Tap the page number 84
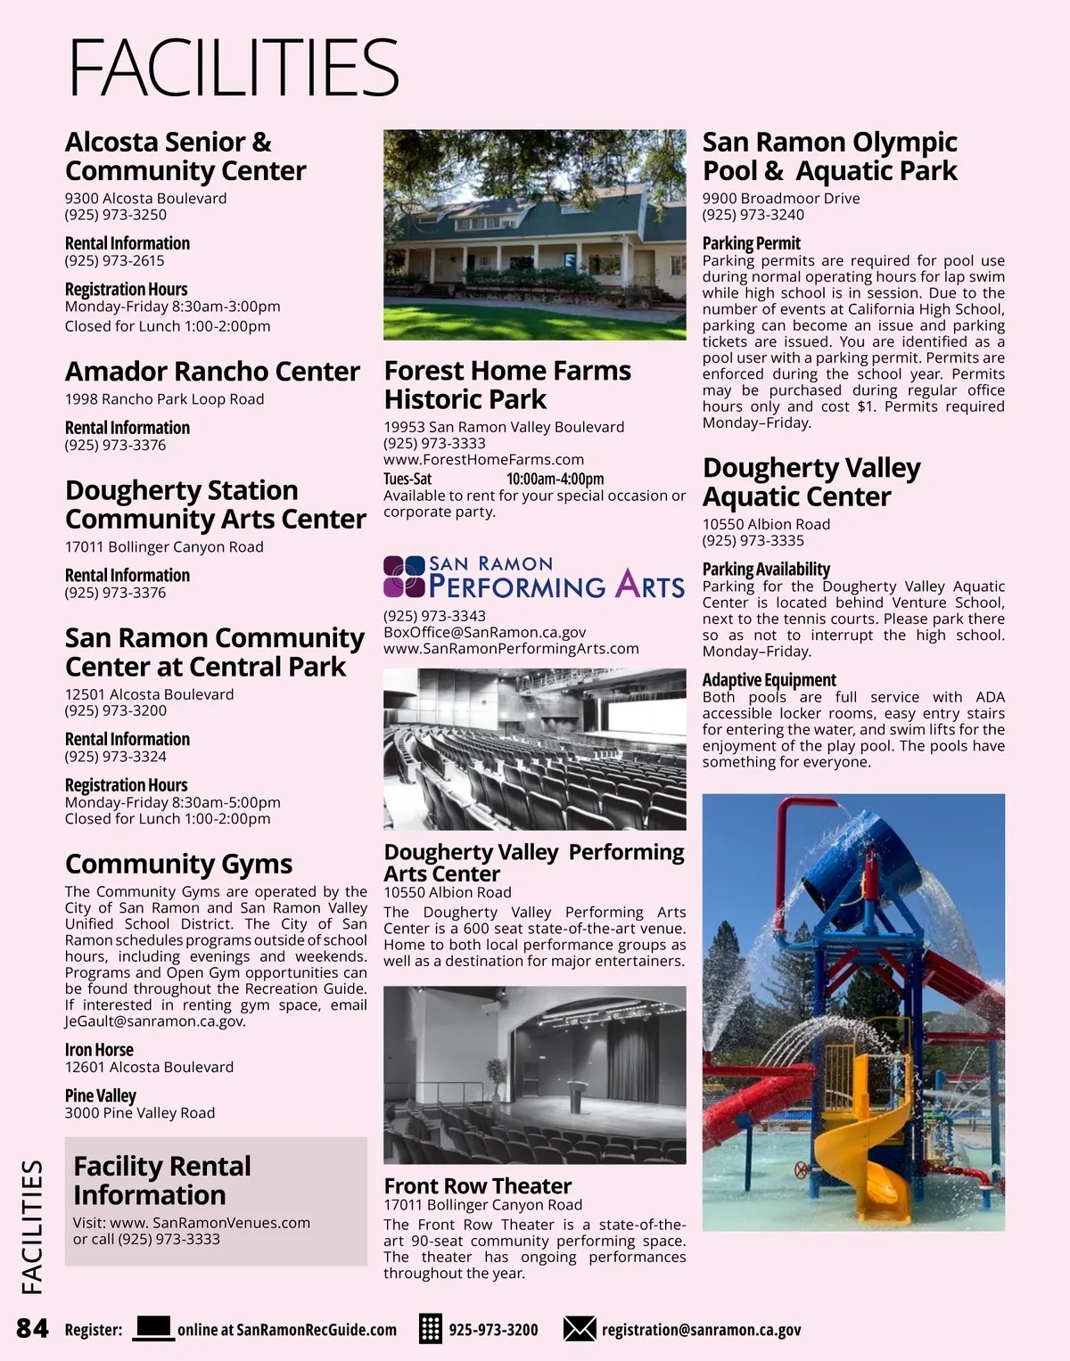33,1328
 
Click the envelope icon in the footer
580,1329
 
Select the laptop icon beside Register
153,1328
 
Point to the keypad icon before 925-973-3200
431,1328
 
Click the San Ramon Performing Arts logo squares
404,577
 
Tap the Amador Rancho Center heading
212,371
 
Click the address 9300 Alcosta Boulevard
145,198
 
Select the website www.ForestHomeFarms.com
483,459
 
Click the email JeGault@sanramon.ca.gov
154,1021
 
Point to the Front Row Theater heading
477,1185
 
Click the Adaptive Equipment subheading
769,680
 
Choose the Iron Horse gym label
99,1050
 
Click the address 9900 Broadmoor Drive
781,198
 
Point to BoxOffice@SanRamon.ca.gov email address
484,632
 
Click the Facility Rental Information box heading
161,1180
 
